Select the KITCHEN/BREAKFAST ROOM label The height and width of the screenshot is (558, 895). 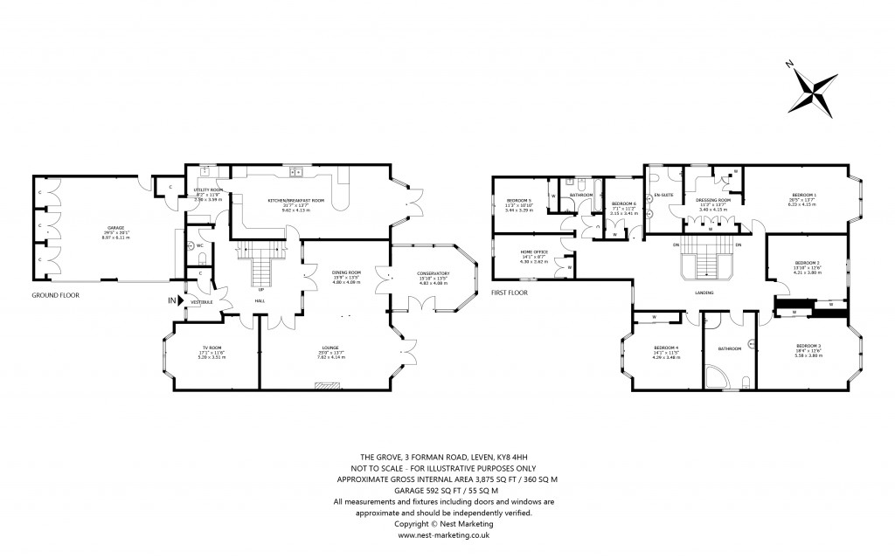point(296,201)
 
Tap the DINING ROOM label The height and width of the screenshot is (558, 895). point(346,273)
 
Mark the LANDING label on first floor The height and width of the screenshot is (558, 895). point(704,293)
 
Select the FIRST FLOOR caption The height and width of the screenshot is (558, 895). point(513,292)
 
